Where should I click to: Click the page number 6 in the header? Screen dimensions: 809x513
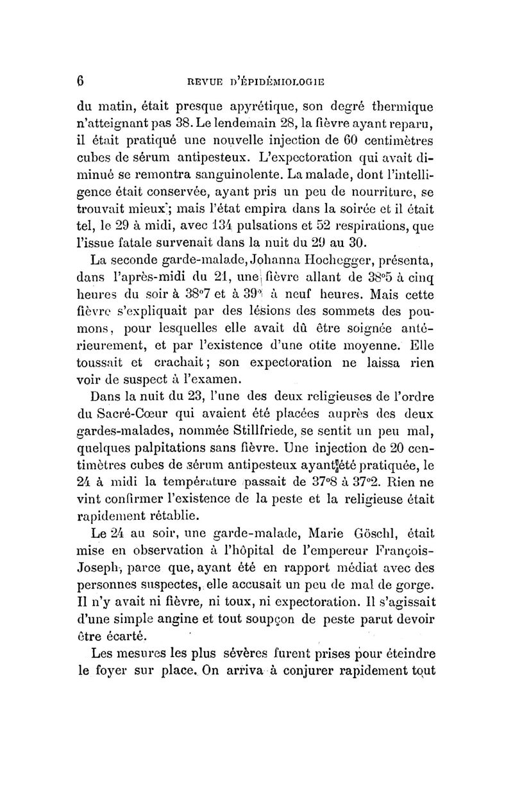[81, 81]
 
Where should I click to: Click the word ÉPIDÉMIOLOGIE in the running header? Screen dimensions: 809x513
[282, 81]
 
